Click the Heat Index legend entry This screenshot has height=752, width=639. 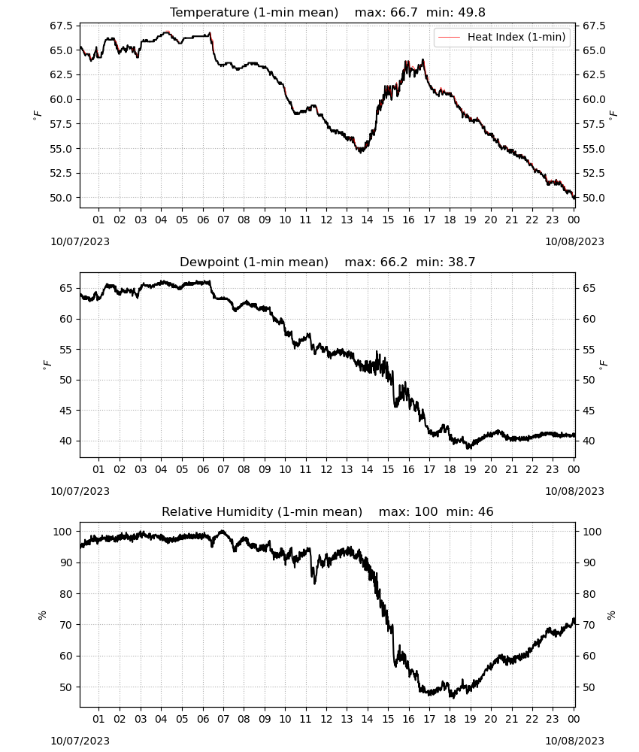501,37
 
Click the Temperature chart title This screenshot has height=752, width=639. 328,12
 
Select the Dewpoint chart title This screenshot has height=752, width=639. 328,262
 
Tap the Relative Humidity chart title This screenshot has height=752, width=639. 328,511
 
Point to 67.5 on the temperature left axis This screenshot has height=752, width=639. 62,26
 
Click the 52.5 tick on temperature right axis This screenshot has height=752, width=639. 594,173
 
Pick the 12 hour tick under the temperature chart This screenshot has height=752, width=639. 326,220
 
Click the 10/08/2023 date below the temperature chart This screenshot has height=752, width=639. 574,241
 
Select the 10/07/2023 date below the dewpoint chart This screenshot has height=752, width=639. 80,491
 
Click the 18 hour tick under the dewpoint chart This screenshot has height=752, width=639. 450,469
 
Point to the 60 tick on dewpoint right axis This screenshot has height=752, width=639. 589,319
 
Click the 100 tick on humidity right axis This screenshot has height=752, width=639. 592,532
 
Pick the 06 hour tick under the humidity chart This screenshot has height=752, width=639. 203,719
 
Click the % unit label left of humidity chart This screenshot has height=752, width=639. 42,615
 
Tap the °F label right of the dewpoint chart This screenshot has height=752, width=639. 603,364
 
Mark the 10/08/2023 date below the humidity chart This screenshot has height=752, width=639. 574,741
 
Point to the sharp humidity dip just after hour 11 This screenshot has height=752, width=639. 314,582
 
